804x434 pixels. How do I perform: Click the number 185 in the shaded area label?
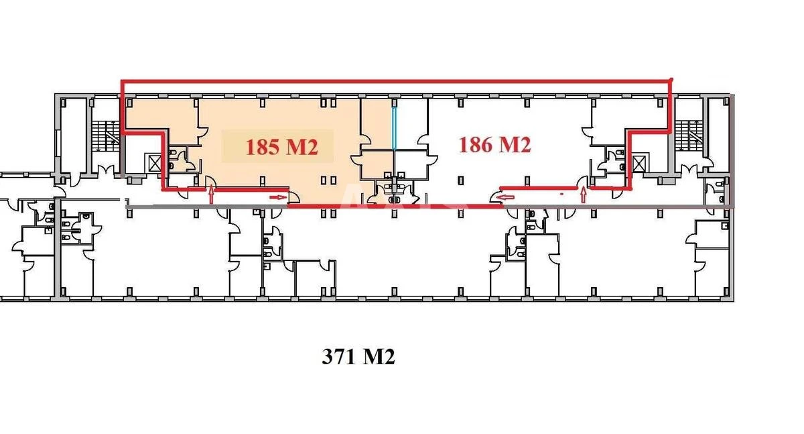263,147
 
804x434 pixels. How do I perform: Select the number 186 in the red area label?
476,144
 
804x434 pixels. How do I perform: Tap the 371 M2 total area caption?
358,357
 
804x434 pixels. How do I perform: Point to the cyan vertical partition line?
395,124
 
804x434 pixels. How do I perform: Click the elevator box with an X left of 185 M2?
155,162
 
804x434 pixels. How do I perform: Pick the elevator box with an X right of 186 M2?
639,162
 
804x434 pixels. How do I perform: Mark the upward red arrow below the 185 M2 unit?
212,195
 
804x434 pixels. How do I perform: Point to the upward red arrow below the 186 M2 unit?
584,195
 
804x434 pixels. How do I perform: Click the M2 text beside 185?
301,147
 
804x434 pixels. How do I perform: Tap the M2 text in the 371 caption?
379,357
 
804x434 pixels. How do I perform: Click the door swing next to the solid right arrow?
293,196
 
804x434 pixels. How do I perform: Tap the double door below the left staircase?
104,170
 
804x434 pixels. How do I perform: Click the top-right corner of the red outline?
671,81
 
